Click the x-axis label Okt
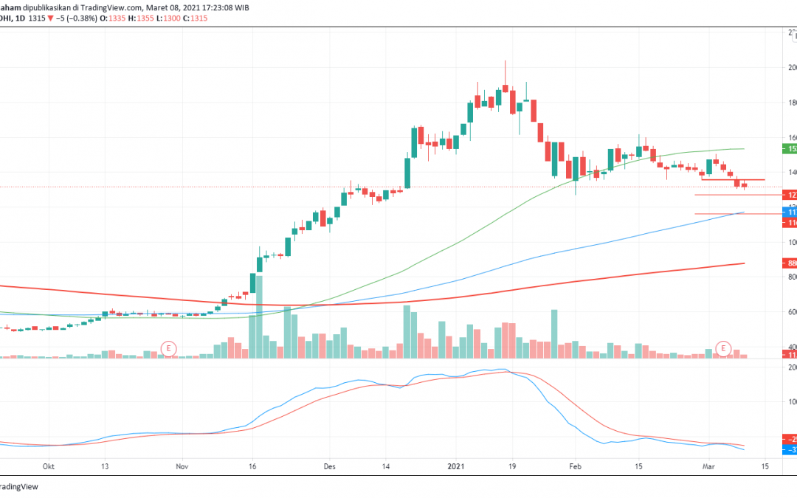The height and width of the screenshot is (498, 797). click(49, 466)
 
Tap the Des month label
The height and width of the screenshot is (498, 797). click(330, 466)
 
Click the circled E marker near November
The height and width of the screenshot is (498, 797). click(170, 347)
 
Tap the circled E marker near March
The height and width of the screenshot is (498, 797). click(724, 347)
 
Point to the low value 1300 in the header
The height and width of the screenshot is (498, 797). click(177, 18)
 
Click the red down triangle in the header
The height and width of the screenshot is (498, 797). click(49, 18)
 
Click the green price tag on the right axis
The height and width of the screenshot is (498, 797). click(790, 148)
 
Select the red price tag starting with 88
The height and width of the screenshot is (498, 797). click(790, 262)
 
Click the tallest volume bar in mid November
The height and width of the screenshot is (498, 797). click(259, 317)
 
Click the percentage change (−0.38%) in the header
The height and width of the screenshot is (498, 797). click(83, 18)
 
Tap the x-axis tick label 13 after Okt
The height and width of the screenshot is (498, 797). click(105, 466)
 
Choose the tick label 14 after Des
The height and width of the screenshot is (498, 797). click(385, 466)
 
